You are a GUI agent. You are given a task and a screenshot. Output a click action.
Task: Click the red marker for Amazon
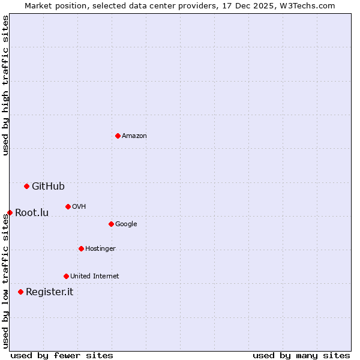point(118,136)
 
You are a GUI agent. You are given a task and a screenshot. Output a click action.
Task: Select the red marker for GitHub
point(26,186)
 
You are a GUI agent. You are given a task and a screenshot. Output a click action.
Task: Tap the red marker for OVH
point(68,206)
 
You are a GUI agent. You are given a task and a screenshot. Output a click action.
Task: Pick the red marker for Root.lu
point(10,212)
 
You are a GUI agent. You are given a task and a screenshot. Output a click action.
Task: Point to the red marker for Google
point(111,224)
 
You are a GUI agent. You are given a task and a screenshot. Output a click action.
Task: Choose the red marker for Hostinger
point(81,248)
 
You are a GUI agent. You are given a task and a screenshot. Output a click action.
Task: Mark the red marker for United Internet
point(66,276)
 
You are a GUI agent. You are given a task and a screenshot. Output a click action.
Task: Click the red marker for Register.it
point(20,292)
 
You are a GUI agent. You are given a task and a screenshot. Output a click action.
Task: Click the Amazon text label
point(134,136)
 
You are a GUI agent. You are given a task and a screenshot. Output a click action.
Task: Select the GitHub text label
point(48,186)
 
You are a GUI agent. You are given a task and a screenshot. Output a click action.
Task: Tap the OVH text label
point(79,206)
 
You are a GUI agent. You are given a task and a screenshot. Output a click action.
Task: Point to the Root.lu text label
point(32,212)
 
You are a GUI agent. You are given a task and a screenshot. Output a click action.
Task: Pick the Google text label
point(126,224)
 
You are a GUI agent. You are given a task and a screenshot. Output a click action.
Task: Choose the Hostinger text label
point(100,248)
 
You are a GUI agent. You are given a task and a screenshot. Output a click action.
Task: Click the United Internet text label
point(94,276)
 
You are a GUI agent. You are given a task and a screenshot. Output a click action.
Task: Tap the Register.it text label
point(49,292)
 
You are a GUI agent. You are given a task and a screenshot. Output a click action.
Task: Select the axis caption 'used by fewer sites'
point(62,355)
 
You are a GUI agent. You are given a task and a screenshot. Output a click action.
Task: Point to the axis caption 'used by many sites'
point(301,355)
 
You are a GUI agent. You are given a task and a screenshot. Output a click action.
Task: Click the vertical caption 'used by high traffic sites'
point(5,85)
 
